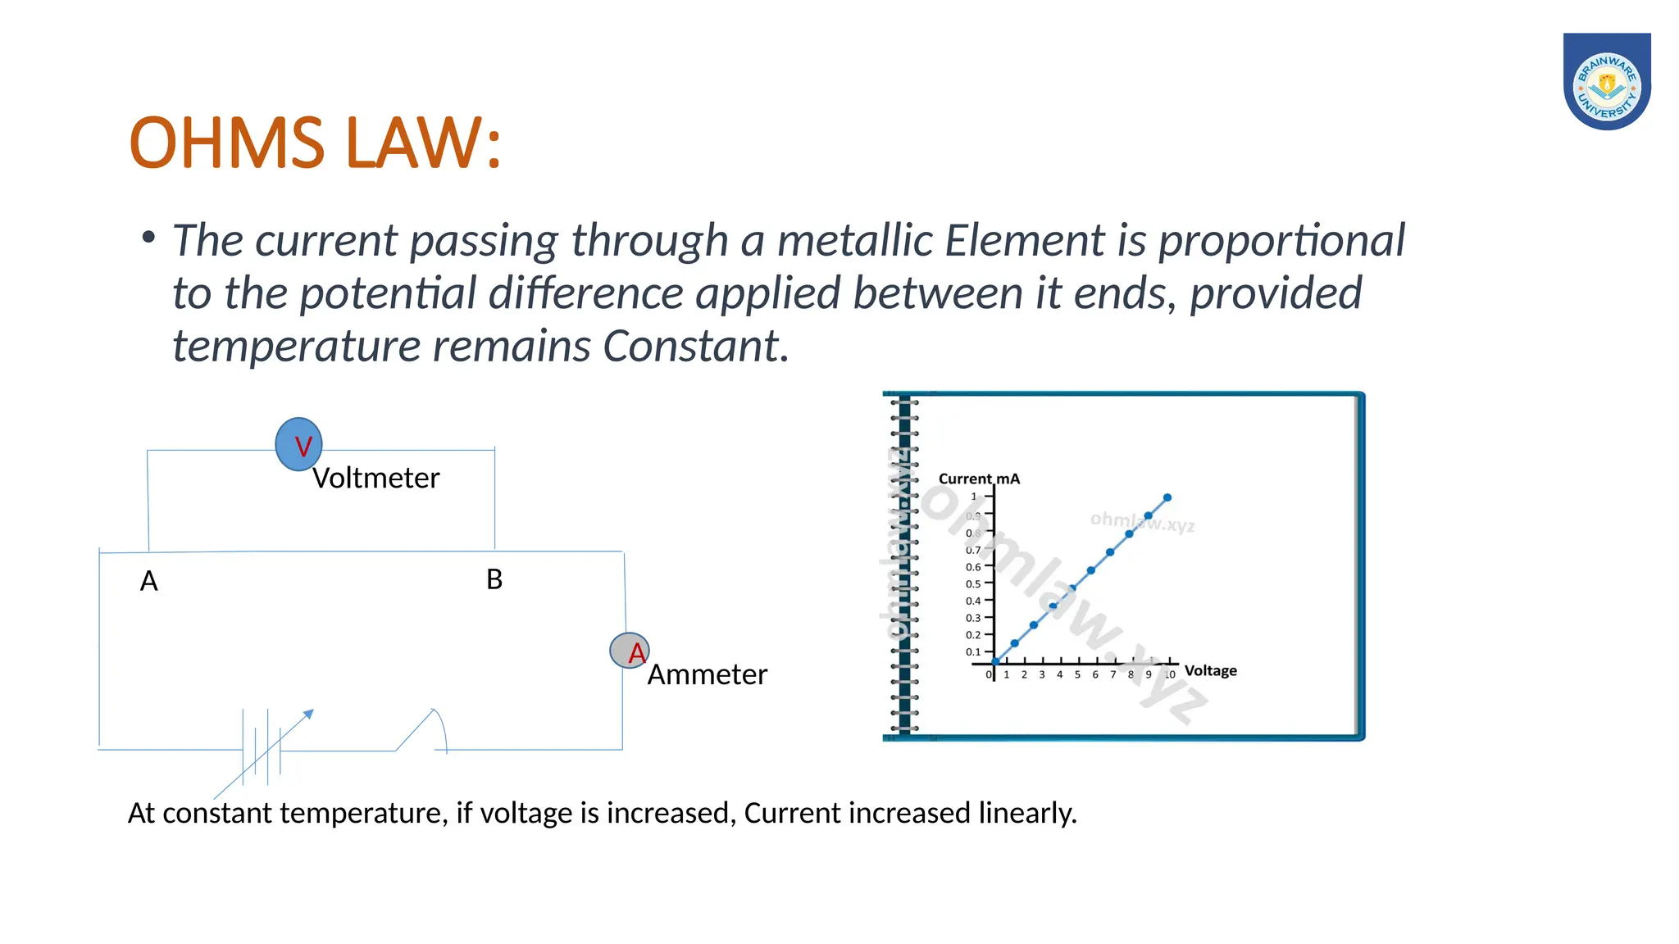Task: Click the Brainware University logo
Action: coord(1606,82)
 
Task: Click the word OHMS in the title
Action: coord(227,143)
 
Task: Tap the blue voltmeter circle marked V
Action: coord(299,444)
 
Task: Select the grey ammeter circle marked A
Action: coord(630,651)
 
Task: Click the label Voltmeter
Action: coord(376,479)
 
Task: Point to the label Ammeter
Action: coord(707,675)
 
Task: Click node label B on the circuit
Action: coord(494,579)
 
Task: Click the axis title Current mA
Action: coord(979,479)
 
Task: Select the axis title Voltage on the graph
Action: coord(1210,671)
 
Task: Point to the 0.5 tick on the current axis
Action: coord(973,584)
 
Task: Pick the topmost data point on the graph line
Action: coord(1167,497)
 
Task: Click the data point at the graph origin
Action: coord(995,661)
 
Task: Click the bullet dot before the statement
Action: coord(148,238)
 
